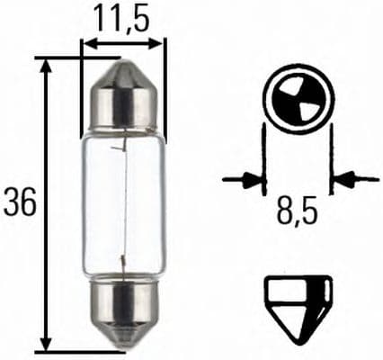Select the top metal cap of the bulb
(x=123, y=99)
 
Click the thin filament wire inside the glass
(x=120, y=202)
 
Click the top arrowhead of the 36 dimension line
(x=46, y=64)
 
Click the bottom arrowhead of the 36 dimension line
(x=46, y=346)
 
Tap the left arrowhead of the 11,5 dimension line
(x=86, y=41)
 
